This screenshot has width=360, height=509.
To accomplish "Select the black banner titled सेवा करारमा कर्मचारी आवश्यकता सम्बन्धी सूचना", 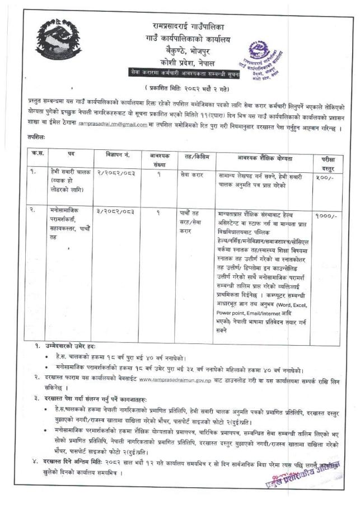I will [x=181, y=73].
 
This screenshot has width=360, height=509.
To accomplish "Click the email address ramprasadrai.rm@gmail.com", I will [x=113, y=124].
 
